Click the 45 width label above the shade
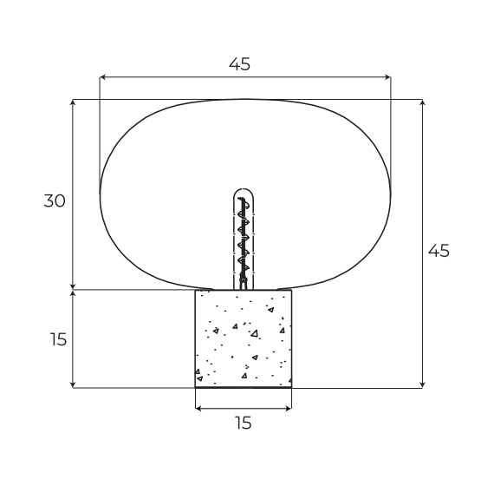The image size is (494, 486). (239, 64)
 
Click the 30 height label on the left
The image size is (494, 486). (55, 200)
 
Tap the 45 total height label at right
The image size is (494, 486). (439, 251)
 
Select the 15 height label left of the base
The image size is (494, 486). (58, 339)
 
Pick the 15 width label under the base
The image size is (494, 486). (244, 423)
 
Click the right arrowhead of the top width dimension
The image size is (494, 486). (387, 76)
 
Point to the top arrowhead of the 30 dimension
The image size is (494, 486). (73, 102)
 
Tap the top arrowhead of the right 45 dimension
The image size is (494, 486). (422, 102)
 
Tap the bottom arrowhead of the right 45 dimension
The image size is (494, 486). (422, 384)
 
